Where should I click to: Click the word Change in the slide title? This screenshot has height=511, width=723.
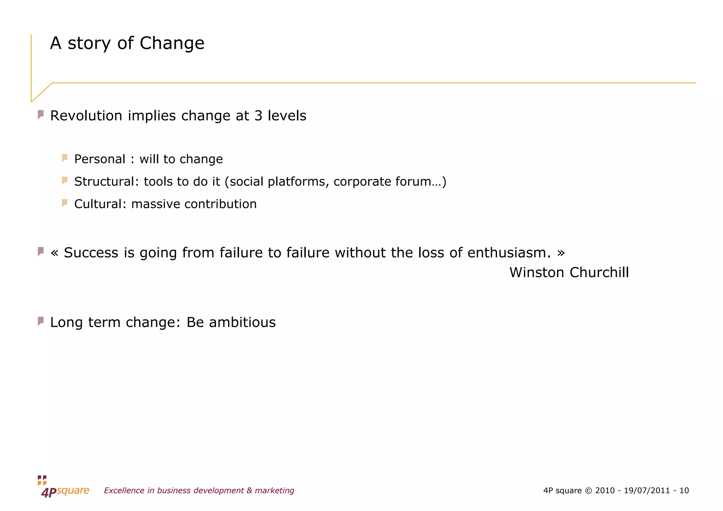[172, 43]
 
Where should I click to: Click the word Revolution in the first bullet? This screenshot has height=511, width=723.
[86, 116]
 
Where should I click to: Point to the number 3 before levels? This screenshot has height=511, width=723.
[258, 116]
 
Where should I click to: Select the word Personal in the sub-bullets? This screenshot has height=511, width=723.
[100, 159]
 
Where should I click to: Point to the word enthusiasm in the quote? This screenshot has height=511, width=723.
[509, 253]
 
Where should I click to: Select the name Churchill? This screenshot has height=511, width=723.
[599, 272]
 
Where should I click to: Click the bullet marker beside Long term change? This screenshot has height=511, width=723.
[41, 321]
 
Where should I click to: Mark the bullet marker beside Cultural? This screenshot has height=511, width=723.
[65, 203]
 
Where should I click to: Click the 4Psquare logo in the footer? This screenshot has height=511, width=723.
[64, 487]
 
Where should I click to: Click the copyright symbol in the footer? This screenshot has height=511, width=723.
[588, 491]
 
